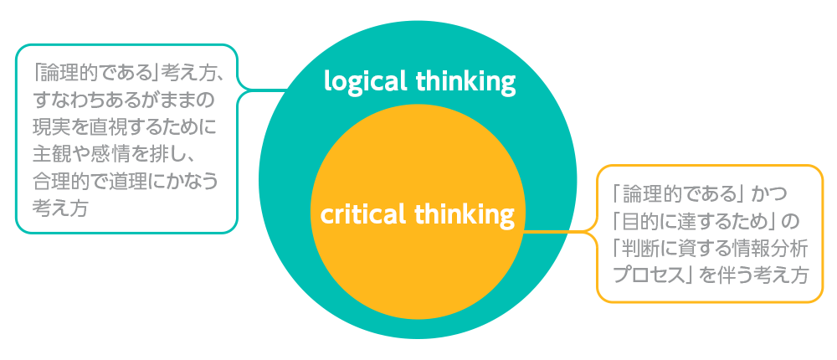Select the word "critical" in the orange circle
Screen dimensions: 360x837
pos(362,214)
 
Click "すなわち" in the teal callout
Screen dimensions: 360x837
pos(74,101)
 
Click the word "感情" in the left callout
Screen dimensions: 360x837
pos(118,154)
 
